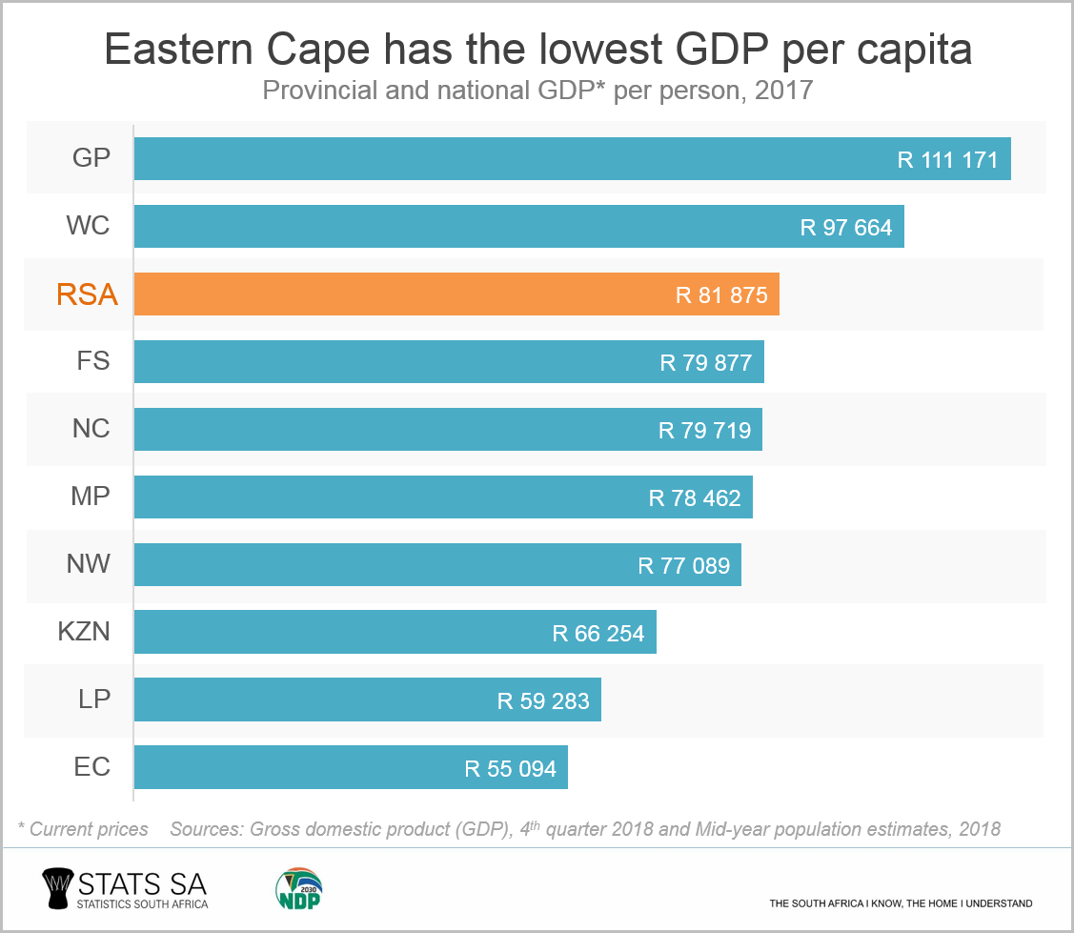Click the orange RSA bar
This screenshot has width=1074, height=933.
[456, 294]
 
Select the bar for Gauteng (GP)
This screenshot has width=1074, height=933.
[572, 159]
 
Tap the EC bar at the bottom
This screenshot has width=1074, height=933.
[350, 768]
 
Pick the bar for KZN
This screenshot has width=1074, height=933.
[395, 633]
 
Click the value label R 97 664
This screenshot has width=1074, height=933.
[846, 228]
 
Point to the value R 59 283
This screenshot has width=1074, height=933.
[543, 701]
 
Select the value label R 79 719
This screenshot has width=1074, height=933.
[704, 431]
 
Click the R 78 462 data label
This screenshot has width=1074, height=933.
[695, 497]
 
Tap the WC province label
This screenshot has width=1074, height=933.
[88, 227]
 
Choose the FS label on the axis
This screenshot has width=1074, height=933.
[92, 362]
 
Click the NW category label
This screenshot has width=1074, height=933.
[89, 564]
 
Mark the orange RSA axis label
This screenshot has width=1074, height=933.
[87, 295]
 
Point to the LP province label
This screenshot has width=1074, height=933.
[94, 700]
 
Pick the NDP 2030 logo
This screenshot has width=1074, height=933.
[297, 889]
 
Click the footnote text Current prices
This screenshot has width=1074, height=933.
[89, 829]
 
